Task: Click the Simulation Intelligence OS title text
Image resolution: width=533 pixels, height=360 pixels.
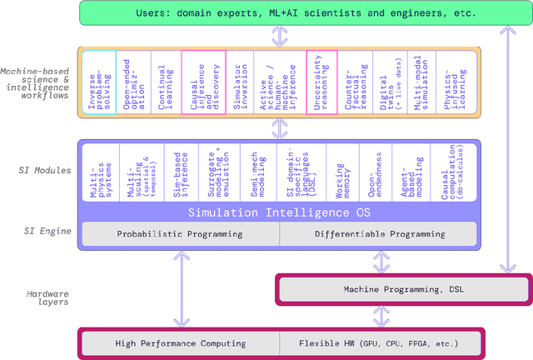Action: click(x=277, y=212)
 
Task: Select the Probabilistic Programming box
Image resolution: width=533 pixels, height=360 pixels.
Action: click(x=179, y=234)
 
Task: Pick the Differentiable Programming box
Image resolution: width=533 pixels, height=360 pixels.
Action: click(x=381, y=234)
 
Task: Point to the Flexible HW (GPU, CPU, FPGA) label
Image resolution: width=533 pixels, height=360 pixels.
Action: click(x=379, y=342)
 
